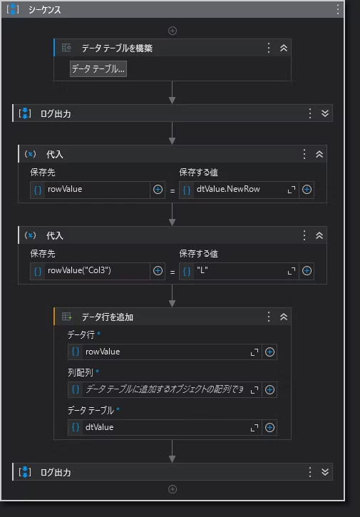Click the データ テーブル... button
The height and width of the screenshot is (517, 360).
pyautogui.click(x=98, y=69)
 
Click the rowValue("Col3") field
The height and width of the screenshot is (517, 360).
pyautogui.click(x=90, y=271)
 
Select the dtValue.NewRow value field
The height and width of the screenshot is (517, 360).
pyautogui.click(x=239, y=190)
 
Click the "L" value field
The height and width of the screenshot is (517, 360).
pyautogui.click(x=239, y=271)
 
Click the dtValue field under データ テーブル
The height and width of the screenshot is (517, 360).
pyautogui.click(x=165, y=427)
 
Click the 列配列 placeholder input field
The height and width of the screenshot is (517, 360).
pyautogui.click(x=165, y=390)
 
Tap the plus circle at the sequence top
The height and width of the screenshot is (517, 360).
pyautogui.click(x=173, y=31)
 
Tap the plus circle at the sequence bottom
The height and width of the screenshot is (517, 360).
pyautogui.click(x=173, y=489)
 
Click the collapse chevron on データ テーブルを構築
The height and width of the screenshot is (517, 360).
pyautogui.click(x=284, y=48)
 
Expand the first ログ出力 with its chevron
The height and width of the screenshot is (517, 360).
pyautogui.click(x=325, y=113)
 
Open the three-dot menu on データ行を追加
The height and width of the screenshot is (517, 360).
pyautogui.click(x=269, y=317)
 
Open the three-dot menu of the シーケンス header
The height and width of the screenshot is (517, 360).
pyautogui.click(x=338, y=9)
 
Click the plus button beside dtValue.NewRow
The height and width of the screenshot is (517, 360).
pyautogui.click(x=307, y=190)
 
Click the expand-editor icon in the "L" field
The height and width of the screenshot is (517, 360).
pyautogui.click(x=292, y=271)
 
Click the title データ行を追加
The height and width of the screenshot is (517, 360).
pyautogui.click(x=108, y=317)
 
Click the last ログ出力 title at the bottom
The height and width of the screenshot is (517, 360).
pyautogui.click(x=56, y=473)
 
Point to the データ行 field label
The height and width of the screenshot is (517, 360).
pyautogui.click(x=81, y=335)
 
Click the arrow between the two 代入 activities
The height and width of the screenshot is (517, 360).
pyautogui.click(x=172, y=215)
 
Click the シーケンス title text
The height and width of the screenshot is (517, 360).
pyautogui.click(x=44, y=10)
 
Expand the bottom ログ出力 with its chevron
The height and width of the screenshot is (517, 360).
pyautogui.click(x=325, y=472)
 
